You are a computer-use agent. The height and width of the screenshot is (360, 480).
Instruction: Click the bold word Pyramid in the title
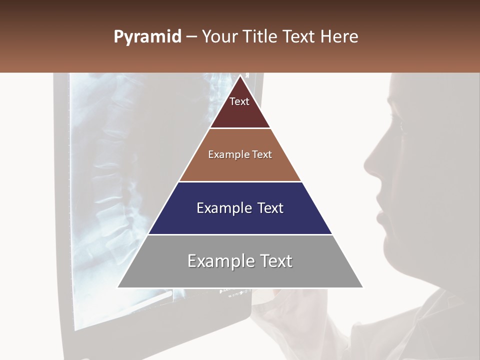(147, 37)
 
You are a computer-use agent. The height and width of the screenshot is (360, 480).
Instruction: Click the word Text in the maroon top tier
(239, 101)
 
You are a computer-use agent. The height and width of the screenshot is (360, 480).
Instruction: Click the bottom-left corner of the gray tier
(118, 287)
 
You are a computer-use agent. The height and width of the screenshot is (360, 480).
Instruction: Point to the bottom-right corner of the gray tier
(362, 287)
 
